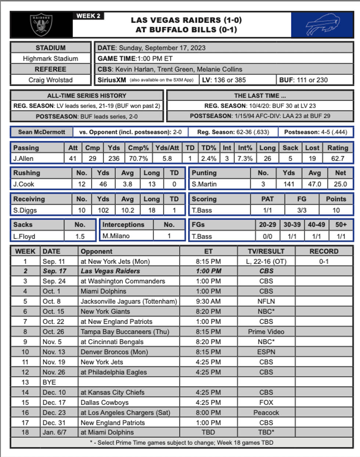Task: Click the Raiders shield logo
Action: point(41,24)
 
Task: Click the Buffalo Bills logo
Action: point(322,25)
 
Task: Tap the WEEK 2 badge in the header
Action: point(89,16)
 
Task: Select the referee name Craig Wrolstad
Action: point(50,80)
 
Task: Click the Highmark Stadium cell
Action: point(50,58)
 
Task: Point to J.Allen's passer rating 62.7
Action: point(338,158)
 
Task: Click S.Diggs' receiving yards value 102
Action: point(103,210)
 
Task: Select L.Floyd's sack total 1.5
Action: point(80,236)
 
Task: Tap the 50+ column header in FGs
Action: point(341,224)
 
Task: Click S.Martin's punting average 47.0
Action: point(314,184)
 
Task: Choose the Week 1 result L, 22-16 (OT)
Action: point(266,262)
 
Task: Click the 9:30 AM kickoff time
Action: point(208,301)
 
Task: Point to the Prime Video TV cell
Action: point(266,331)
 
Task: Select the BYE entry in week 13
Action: point(49,382)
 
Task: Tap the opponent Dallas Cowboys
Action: point(105,402)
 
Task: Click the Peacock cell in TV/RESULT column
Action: point(266,413)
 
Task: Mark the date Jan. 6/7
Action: point(54,432)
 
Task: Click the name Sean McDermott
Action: point(42,132)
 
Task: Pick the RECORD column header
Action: point(324,251)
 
